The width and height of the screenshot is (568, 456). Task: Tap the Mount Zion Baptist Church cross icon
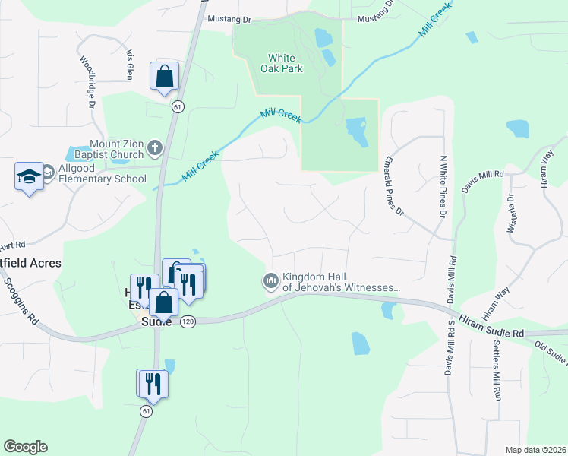point(155,147)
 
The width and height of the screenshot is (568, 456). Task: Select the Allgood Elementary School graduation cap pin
point(29,177)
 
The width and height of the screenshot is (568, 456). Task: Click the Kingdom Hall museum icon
point(270,282)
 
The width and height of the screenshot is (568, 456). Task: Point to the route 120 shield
point(188,321)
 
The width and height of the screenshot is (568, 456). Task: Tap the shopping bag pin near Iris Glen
point(164,78)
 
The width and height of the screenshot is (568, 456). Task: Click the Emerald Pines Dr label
point(396,185)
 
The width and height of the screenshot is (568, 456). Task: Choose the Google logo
point(25,447)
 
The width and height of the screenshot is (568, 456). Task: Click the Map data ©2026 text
point(535,450)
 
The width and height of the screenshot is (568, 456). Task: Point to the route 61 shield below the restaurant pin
point(147,410)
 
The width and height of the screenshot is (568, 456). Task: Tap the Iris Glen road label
point(129,66)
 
